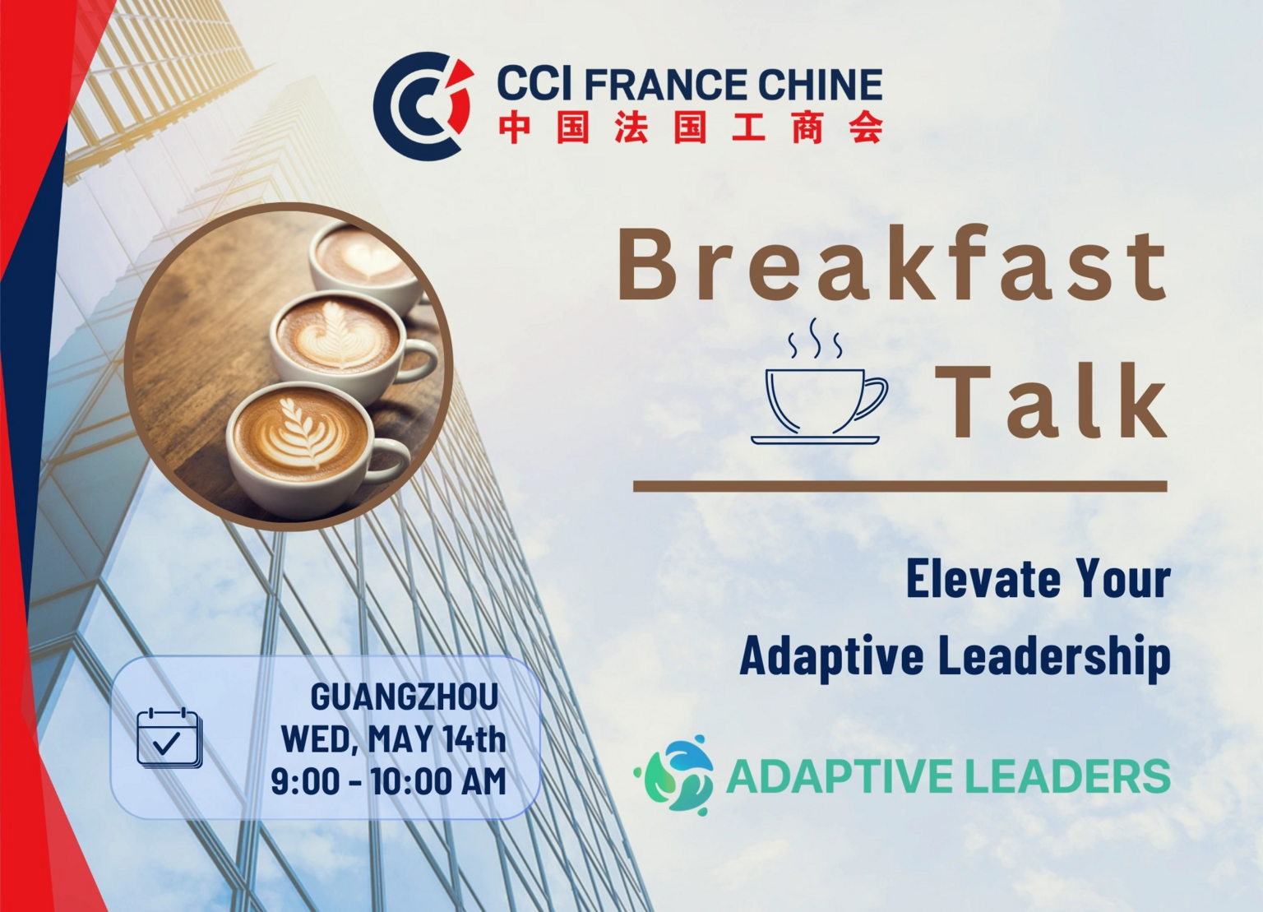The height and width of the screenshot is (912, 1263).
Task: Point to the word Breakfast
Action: (x=893, y=264)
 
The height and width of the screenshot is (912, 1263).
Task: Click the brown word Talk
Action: (x=1051, y=401)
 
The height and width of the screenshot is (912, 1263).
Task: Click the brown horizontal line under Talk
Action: (x=900, y=486)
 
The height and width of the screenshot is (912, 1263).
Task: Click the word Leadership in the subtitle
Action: (x=1054, y=656)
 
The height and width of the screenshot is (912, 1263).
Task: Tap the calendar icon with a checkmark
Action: (x=169, y=738)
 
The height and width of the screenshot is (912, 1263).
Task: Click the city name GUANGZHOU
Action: (x=405, y=697)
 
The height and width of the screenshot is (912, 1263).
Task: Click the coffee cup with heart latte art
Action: (x=365, y=265)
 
